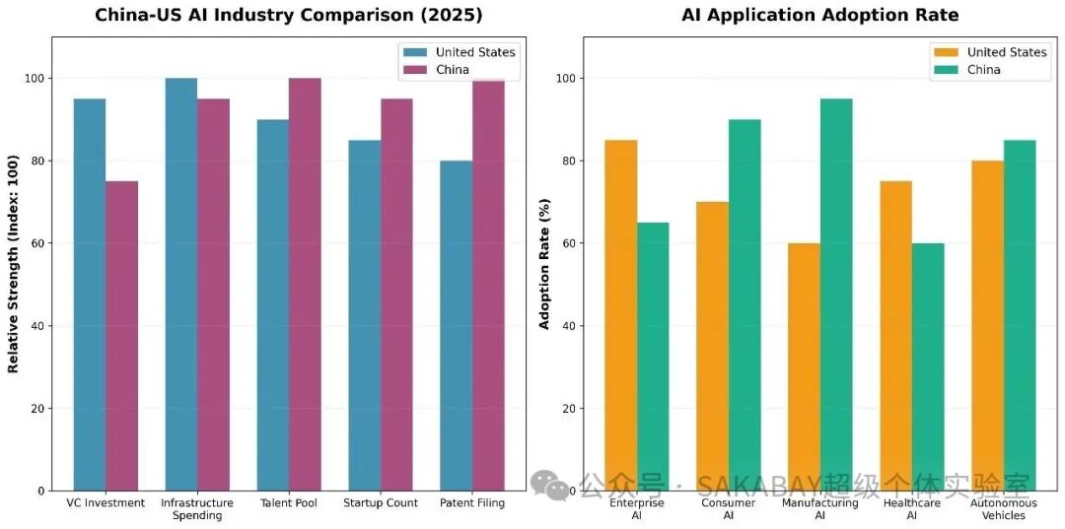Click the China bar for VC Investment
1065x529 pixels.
click(121, 335)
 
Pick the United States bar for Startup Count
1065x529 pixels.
click(365, 315)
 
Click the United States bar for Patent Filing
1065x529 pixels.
click(457, 325)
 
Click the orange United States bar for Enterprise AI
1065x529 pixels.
click(620, 315)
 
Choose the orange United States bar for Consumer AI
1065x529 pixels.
click(712, 346)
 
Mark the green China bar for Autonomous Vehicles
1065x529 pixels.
click(1020, 315)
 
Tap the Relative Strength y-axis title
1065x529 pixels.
click(14, 264)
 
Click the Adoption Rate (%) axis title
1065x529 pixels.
click(544, 264)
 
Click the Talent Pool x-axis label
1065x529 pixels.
click(289, 503)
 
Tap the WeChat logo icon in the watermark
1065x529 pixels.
click(550, 485)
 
